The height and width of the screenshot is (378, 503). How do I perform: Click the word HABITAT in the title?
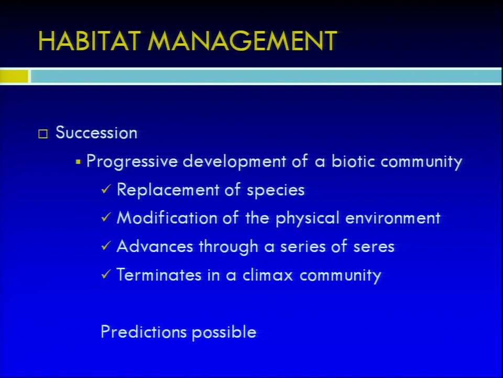click(x=90, y=41)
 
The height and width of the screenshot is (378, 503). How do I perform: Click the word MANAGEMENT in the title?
click(x=242, y=41)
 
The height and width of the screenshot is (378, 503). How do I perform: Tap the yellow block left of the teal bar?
click(x=14, y=77)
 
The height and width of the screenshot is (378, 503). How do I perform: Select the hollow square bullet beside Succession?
click(x=43, y=134)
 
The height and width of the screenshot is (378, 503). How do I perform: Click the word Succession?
click(x=96, y=132)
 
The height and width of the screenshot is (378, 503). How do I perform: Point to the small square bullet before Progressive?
click(x=78, y=162)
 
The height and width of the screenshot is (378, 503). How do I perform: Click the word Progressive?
click(x=132, y=161)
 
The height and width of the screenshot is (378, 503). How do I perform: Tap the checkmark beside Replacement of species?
click(x=106, y=189)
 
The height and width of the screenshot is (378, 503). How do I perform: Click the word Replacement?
click(x=168, y=190)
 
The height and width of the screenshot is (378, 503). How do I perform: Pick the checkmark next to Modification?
click(x=106, y=217)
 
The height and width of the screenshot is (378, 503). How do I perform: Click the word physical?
click(x=308, y=218)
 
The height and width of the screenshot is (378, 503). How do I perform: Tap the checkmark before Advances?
click(x=106, y=246)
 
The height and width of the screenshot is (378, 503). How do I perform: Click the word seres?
click(x=374, y=247)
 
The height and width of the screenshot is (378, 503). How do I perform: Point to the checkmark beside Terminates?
click(x=106, y=274)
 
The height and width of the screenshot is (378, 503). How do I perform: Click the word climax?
click(x=268, y=275)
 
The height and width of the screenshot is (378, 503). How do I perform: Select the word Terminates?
click(x=159, y=275)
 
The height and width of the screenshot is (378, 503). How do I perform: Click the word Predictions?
click(x=144, y=332)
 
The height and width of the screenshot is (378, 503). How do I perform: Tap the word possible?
click(x=224, y=332)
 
